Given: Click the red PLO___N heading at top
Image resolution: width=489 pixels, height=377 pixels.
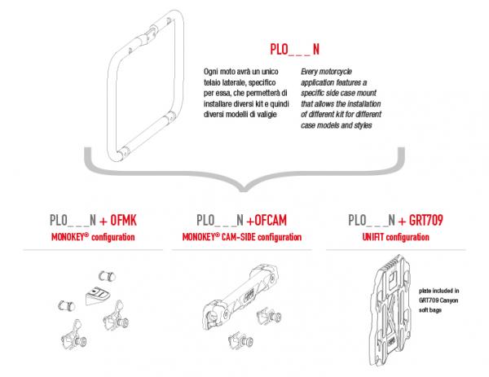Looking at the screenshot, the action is pyautogui.click(x=295, y=49).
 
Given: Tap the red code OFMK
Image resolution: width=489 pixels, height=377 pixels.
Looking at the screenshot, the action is pyautogui.click(x=124, y=221).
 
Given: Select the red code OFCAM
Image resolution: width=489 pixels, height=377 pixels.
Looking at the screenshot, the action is pyautogui.click(x=271, y=221).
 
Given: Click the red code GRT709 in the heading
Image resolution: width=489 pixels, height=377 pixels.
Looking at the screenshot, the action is pyautogui.click(x=426, y=221).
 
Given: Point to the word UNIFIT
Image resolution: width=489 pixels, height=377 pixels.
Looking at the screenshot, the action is pyautogui.click(x=373, y=237).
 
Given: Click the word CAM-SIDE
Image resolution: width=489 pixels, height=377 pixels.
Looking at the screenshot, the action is pyautogui.click(x=238, y=237).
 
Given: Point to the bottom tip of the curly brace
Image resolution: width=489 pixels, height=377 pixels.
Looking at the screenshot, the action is pyautogui.click(x=244, y=191).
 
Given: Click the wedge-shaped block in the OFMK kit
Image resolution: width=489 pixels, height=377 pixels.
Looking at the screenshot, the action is pyautogui.click(x=97, y=296).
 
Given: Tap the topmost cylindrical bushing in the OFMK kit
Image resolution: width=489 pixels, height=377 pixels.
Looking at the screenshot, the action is pyautogui.click(x=107, y=276).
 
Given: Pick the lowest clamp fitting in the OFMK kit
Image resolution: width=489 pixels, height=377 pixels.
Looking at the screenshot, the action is pyautogui.click(x=74, y=335).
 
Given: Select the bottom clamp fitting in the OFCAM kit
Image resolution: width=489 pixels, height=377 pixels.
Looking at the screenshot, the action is pyautogui.click(x=240, y=341).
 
